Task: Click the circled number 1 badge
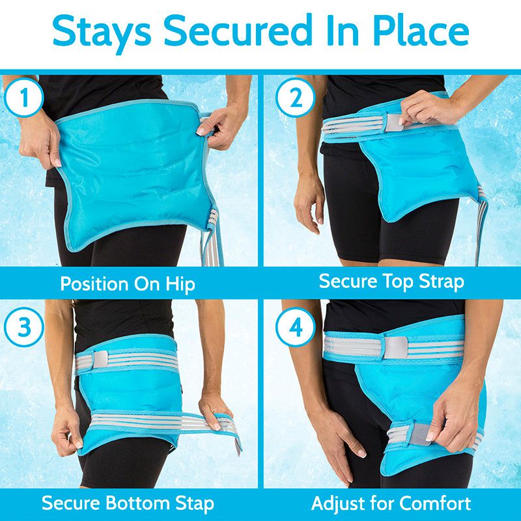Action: coord(24,97)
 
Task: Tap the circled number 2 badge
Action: coord(296,97)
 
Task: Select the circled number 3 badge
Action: coord(24,327)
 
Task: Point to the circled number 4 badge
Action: coord(296,327)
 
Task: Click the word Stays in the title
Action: coord(102,32)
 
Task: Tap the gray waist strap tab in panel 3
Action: coord(100,359)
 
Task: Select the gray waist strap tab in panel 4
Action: coord(396,348)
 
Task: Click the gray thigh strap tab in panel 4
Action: coord(419,434)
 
